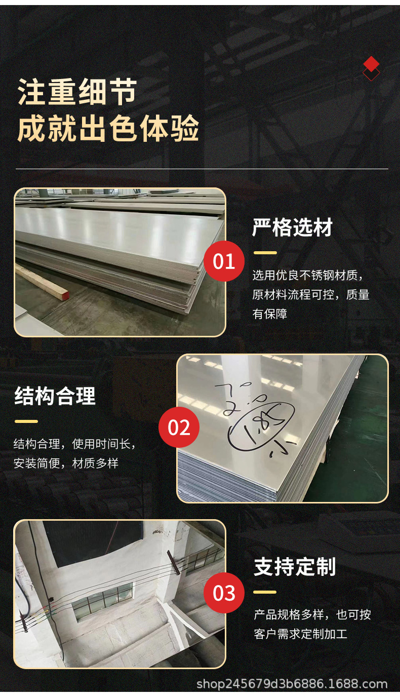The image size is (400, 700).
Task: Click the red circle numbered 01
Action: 224,262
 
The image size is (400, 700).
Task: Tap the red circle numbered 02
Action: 179,427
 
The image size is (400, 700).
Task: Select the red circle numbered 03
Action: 224,593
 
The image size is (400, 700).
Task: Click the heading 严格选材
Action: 292,228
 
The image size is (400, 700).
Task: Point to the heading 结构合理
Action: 55,396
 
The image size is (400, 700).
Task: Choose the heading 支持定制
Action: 294,567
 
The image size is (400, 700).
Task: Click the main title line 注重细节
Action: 77,92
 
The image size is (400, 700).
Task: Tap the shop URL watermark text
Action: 292,685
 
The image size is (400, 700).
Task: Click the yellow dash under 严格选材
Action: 265,252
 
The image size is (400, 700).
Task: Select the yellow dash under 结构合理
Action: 26,421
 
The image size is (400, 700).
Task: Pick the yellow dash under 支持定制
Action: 265,592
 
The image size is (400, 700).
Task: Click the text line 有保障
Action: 270,314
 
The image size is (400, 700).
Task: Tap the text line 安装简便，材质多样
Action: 66,463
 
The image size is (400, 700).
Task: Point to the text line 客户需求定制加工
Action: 300,634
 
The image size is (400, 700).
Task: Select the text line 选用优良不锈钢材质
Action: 307,276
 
